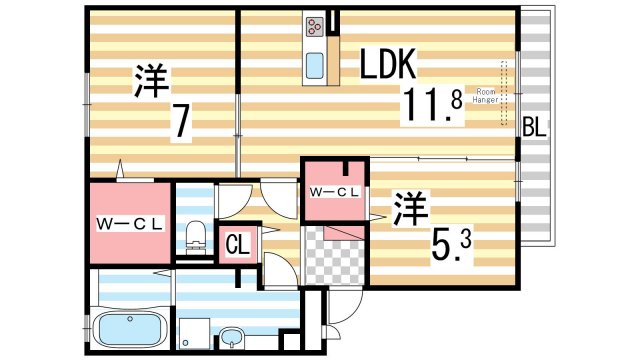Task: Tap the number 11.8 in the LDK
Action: tap(433, 105)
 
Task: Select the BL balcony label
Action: tap(535, 127)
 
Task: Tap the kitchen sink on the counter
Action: tap(313, 64)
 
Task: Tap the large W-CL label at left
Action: tap(130, 222)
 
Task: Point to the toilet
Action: tap(196, 235)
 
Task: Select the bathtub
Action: tap(131, 329)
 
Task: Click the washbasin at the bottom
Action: tap(232, 336)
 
